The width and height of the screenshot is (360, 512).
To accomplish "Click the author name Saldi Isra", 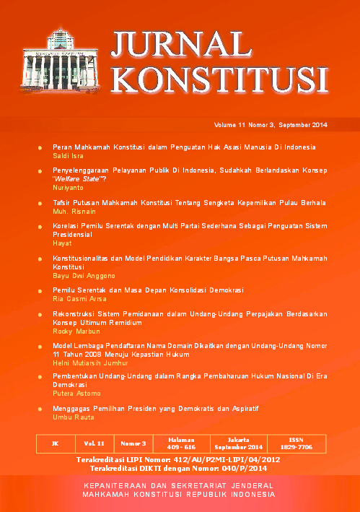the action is coord(69,156).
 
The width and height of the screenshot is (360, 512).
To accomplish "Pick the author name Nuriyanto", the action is coord(69,187).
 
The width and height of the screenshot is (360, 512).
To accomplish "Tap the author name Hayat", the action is coord(62,244).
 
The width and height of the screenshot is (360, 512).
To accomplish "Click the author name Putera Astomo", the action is coord(76,395).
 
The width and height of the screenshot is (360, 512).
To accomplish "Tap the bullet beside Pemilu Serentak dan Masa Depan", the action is coord(40,290).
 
